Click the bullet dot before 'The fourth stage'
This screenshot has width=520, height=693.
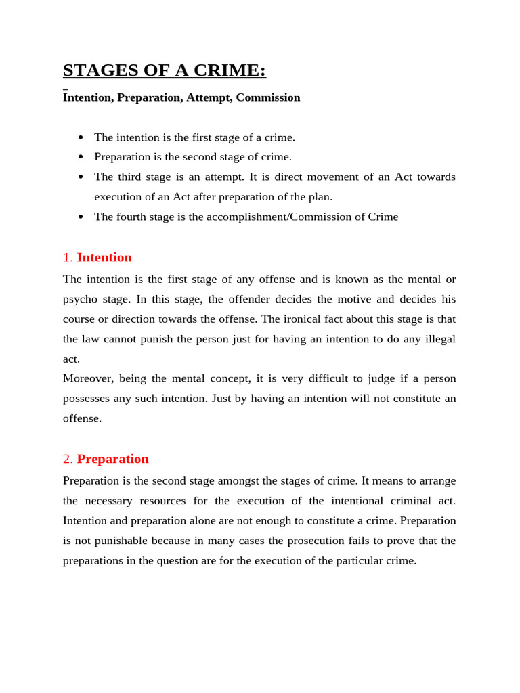81,217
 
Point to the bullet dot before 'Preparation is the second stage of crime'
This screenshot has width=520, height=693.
81,157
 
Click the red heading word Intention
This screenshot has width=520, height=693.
104,258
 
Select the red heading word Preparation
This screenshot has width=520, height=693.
112,459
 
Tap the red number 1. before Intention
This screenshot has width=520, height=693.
68,258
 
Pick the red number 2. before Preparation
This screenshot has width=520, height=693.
68,459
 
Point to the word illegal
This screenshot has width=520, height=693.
437,338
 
